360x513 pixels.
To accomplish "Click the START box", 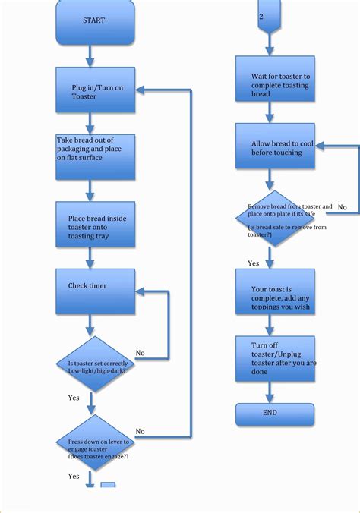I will coord(95,21).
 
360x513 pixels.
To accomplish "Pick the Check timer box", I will coord(95,291).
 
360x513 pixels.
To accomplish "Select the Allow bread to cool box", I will coord(275,147).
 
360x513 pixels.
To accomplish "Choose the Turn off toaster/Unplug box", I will coord(275,357).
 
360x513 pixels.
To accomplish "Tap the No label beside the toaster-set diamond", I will coord(140,353).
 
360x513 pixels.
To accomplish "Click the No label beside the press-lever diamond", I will coord(140,431).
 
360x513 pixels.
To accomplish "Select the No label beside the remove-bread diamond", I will coord(343,207).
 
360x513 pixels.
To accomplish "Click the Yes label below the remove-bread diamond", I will coord(253,263).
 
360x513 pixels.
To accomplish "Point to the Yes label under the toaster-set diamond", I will coord(74,398).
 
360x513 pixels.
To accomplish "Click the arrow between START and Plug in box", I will coord(90,55).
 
